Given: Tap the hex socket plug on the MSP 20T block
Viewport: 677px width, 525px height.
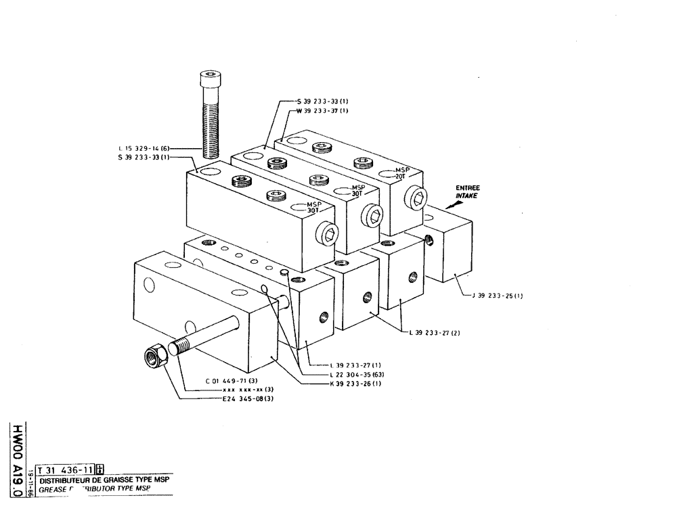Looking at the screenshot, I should point(415,198).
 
